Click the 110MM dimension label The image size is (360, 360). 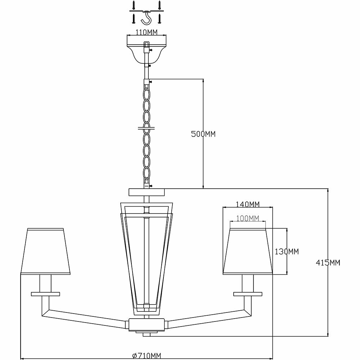coord(147,32)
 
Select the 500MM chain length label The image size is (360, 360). coord(203,134)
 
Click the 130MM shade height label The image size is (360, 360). coord(287,252)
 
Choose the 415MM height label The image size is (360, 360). coord(328,262)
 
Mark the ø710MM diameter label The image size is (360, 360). coord(147,356)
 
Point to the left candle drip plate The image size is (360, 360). coord(45,294)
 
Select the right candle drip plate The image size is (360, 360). coord(248,294)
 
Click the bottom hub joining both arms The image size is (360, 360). coord(147,324)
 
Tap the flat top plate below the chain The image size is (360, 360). coord(146,192)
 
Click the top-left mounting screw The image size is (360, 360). coord(134,5)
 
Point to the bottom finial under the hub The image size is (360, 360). coord(147,334)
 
